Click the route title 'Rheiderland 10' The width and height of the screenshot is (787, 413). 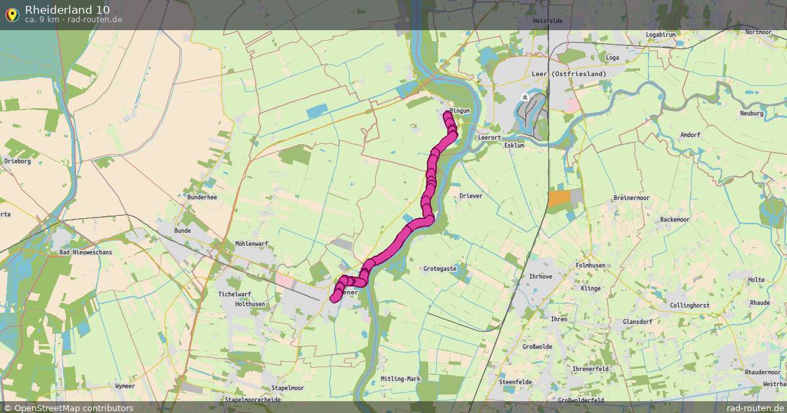pos(68,10)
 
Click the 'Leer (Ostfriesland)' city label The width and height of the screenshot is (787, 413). pos(569,74)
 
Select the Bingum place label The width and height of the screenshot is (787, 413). pos(460,111)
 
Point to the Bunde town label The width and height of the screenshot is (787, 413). pos(182,231)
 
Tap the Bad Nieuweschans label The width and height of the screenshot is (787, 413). pos(85,252)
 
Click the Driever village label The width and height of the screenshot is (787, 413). pos(471,196)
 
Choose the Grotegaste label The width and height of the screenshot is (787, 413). pos(439,269)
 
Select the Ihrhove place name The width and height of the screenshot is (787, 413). pos(540,277)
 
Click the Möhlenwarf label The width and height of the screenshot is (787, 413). pos(252,244)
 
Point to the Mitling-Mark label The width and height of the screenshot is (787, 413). pos(400,379)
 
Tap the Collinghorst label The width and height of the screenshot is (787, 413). pos(689,305)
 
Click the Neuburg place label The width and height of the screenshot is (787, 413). pos(752,113)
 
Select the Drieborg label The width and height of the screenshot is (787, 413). pos(18,161)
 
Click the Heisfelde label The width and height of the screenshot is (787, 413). pos(548,21)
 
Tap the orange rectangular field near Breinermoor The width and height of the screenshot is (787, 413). pos(559,199)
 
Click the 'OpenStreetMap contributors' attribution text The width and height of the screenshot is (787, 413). pos(73,408)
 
